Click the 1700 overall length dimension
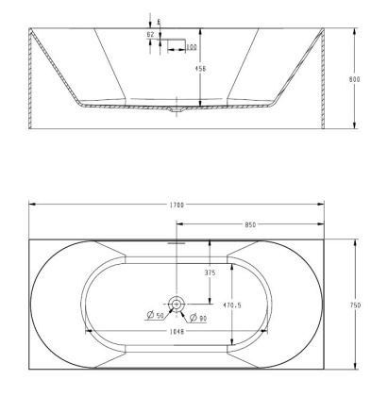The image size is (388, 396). tap(177, 205)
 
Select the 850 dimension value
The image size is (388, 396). tap(252, 225)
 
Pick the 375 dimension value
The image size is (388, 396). tap(210, 273)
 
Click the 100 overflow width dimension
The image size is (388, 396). tap(191, 47)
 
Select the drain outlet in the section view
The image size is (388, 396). tap(176, 111)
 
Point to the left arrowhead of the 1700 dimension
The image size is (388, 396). tap(31, 205)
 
